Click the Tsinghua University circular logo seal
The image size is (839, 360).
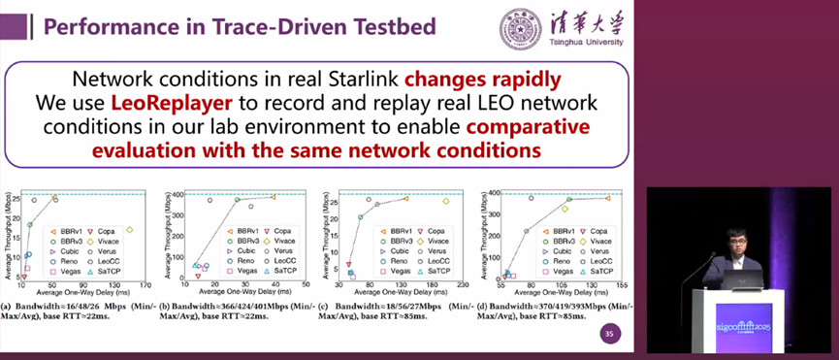coord(516,26)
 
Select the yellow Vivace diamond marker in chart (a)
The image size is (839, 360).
coord(129,230)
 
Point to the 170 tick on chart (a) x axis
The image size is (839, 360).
coord(145,287)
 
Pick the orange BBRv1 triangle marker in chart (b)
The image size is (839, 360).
coord(274,197)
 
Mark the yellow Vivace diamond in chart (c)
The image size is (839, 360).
coord(445,201)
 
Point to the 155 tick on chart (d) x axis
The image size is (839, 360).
coord(620,287)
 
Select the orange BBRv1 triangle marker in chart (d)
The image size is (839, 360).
coord(608,198)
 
